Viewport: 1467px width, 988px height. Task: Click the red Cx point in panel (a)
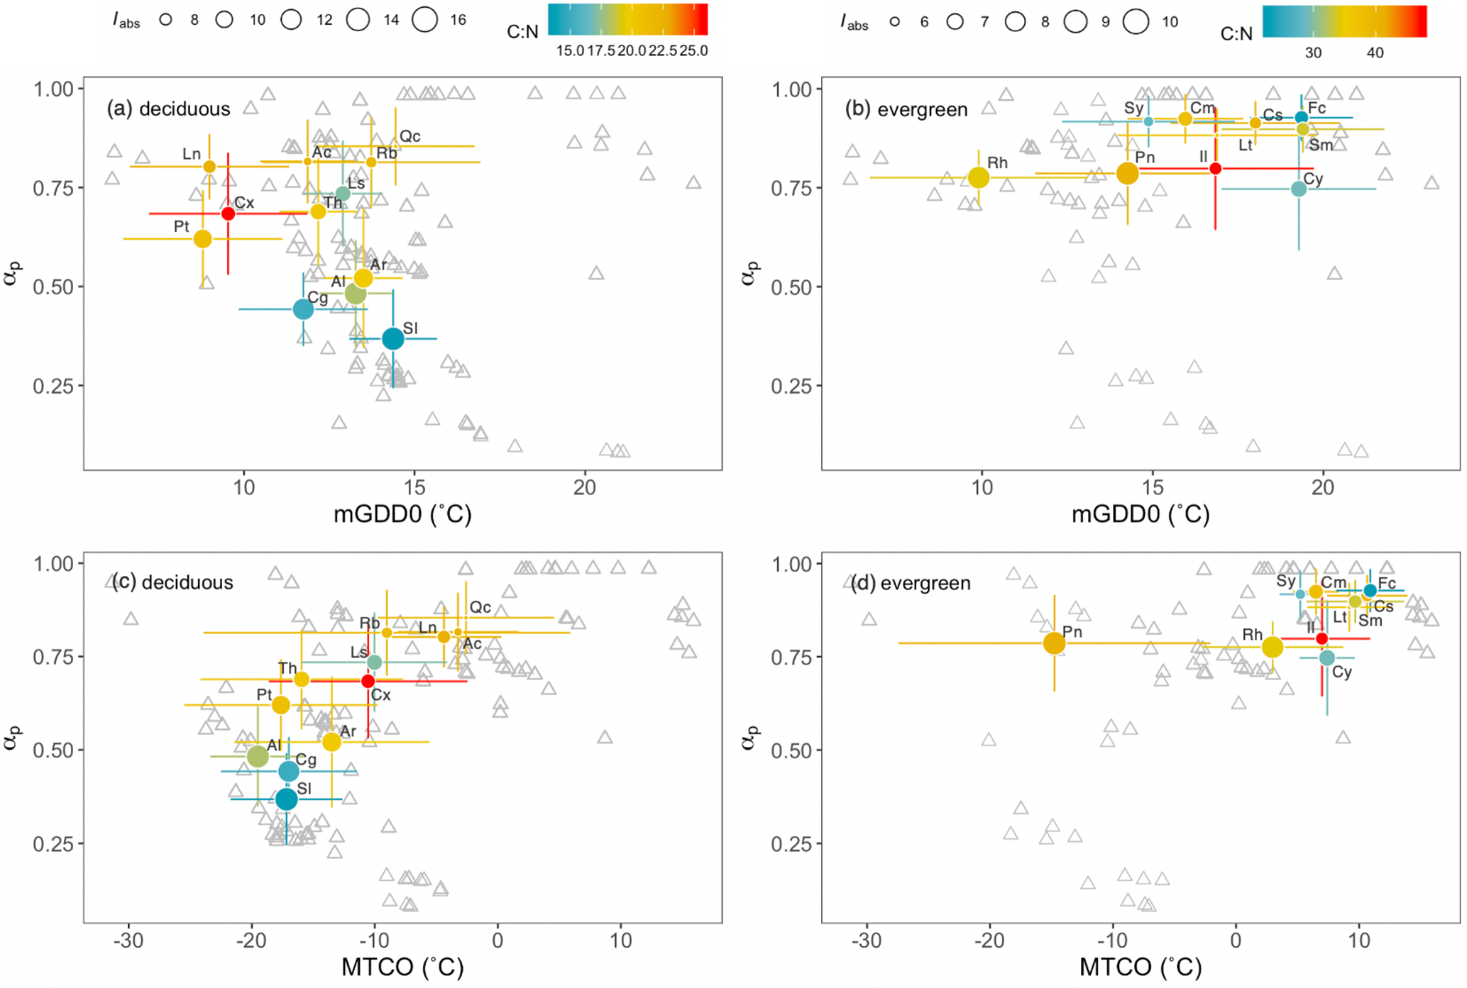228,213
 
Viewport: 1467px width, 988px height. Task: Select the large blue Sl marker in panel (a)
392,339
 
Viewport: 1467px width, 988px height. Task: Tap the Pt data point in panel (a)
203,239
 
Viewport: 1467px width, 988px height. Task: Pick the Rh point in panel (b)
979,177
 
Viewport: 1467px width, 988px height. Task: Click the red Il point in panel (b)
1215,169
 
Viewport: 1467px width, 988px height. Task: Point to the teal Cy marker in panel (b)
1298,189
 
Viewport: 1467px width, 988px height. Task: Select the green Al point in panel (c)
258,756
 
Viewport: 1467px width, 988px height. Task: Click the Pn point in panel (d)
1054,643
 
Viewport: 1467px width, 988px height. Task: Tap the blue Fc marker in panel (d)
1370,590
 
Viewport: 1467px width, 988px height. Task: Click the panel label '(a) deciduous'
169,109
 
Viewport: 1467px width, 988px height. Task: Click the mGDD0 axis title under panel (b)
1141,514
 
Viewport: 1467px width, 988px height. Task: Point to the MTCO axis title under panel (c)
402,967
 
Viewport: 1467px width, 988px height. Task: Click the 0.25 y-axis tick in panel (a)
53,387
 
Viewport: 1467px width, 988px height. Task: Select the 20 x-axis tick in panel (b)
1323,488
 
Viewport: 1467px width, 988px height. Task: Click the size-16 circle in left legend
425,20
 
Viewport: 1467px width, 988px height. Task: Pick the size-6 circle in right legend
895,22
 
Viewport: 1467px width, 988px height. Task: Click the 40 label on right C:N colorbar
1375,53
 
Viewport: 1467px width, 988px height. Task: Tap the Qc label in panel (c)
480,608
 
